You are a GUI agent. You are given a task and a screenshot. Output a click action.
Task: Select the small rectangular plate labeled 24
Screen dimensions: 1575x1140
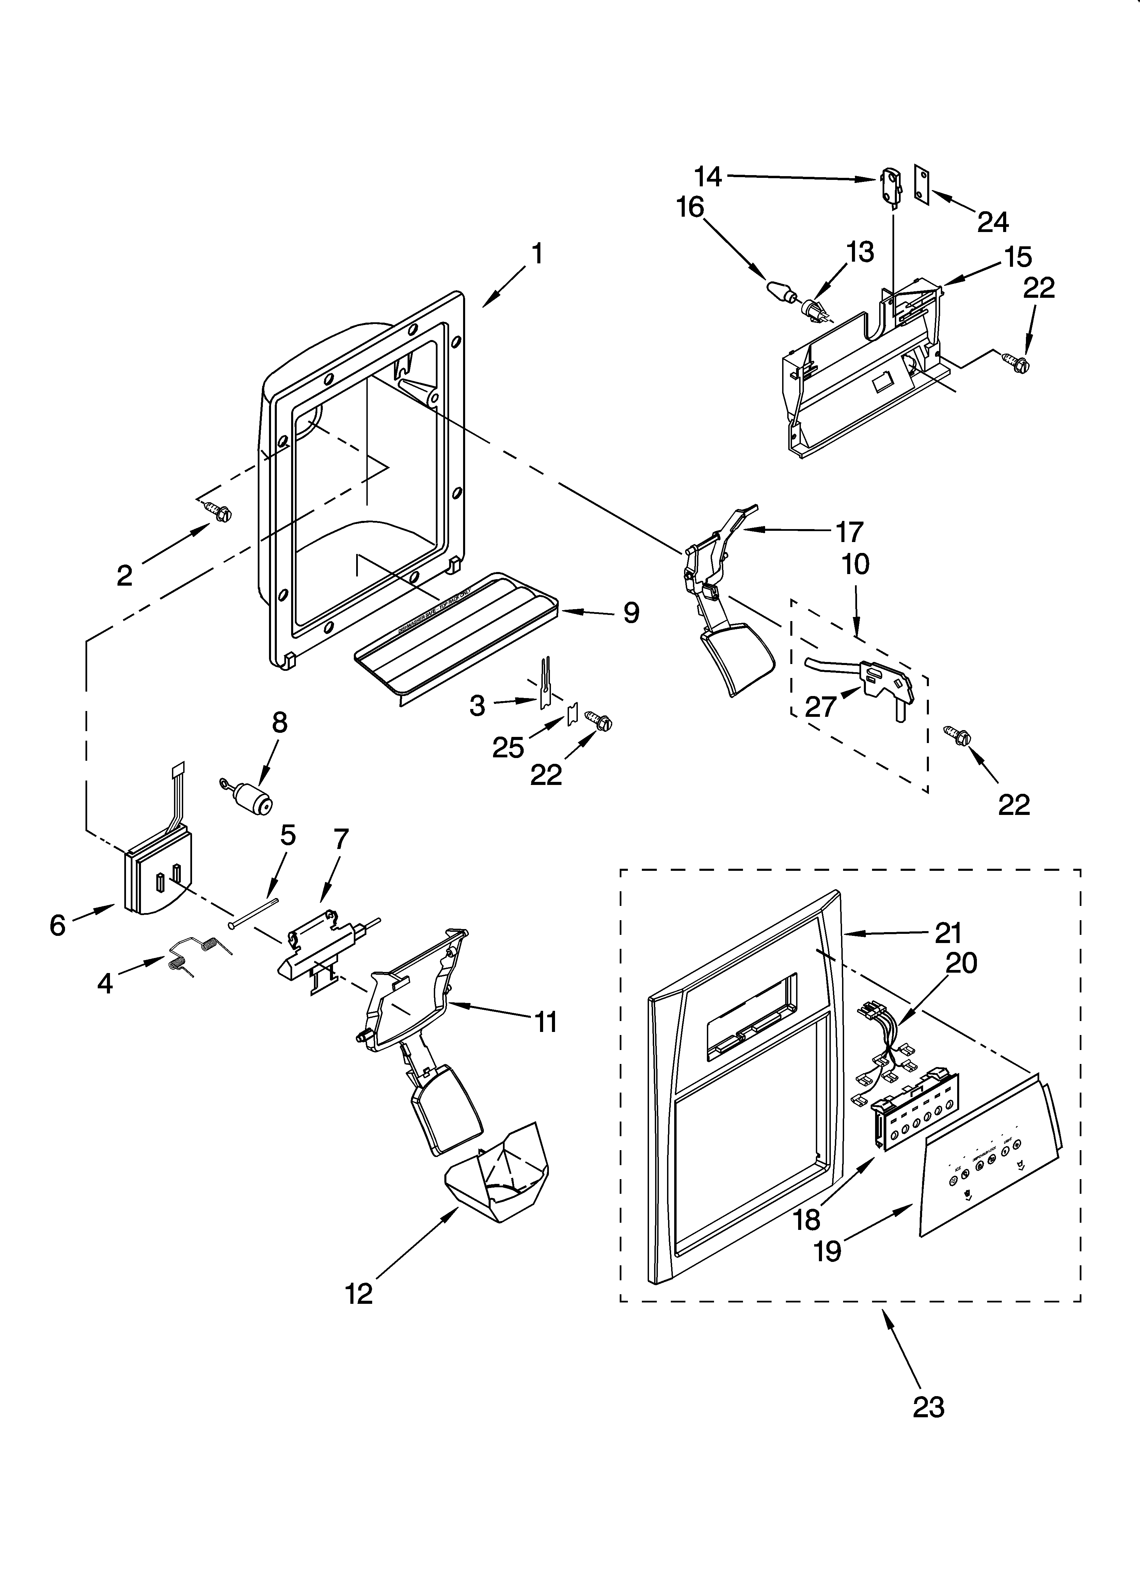[921, 186]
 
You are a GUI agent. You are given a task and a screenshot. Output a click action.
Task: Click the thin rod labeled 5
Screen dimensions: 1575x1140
[253, 912]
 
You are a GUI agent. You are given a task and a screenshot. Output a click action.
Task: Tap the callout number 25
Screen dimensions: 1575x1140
[507, 748]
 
